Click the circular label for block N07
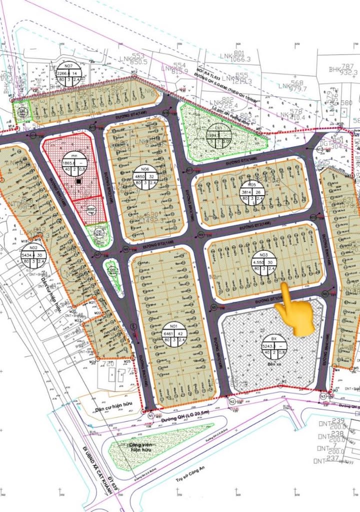click(x=68, y=74)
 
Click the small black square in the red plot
click(x=78, y=181)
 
